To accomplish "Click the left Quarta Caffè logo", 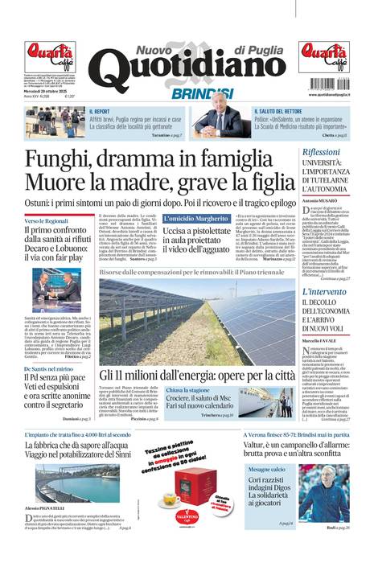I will point(49,57).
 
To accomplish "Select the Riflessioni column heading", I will point(321,152).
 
